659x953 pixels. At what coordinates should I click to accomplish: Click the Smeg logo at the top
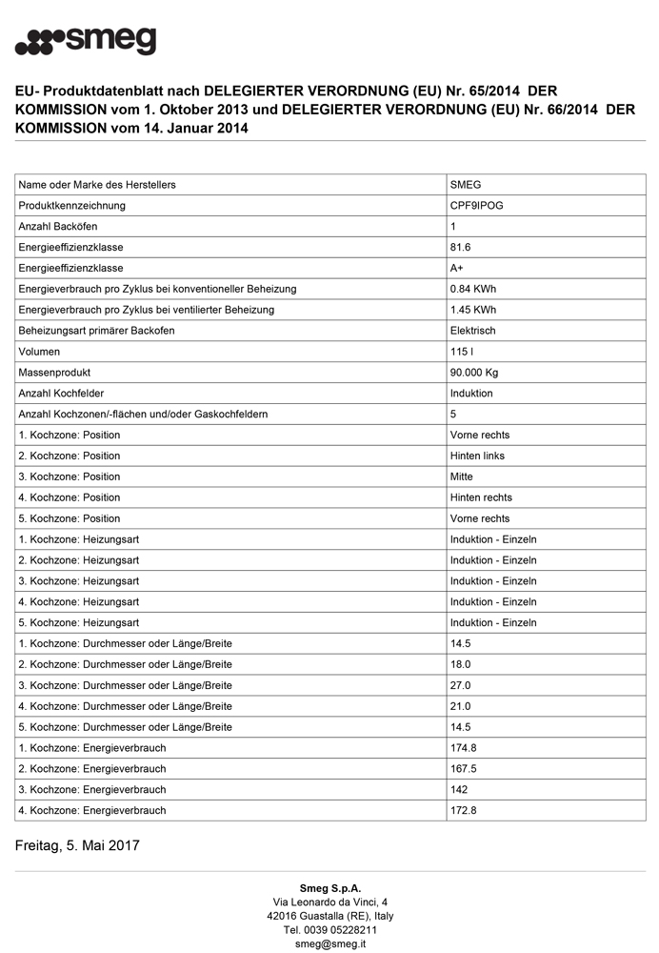pos(86,41)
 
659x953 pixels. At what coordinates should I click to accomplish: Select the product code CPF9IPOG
pos(477,206)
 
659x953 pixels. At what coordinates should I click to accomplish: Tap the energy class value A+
pos(457,269)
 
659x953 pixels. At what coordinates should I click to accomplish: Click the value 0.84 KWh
pos(472,289)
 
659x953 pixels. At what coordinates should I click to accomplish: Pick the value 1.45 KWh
pos(472,310)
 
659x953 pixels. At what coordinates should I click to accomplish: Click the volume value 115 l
pos(462,352)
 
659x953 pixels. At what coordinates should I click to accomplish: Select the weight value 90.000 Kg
pos(474,373)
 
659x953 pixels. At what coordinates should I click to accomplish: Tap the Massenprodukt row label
pos(54,373)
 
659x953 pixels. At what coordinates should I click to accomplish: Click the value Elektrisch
pos(472,331)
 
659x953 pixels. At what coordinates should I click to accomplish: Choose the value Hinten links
pos(477,456)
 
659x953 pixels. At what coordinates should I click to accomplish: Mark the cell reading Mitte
pos(461,476)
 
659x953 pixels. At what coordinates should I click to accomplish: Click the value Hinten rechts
pos(481,497)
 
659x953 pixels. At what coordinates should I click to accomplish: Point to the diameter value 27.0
pos(460,685)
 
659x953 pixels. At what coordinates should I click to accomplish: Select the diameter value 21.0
pos(460,706)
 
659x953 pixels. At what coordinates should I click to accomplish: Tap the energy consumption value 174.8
pos(463,748)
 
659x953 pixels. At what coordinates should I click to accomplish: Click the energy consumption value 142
pos(459,790)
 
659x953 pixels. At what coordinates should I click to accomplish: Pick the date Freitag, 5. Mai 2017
pos(77,845)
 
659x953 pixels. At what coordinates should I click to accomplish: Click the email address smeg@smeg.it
pos(329,943)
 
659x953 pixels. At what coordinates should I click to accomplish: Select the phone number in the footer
pos(329,930)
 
